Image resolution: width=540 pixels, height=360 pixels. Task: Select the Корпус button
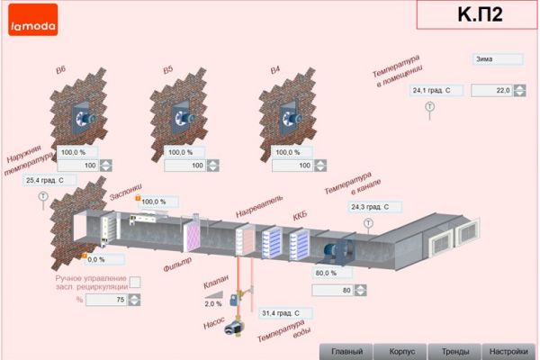400,351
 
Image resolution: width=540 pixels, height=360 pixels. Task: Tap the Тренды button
454,351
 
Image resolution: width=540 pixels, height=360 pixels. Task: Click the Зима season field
498,59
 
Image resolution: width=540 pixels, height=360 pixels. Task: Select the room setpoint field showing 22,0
490,90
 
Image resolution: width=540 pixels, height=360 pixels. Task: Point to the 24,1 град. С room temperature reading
436,90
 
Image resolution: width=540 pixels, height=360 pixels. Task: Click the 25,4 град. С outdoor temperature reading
49,180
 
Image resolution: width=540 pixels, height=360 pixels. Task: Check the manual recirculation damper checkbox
135,282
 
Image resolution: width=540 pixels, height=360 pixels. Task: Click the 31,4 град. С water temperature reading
284,313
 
